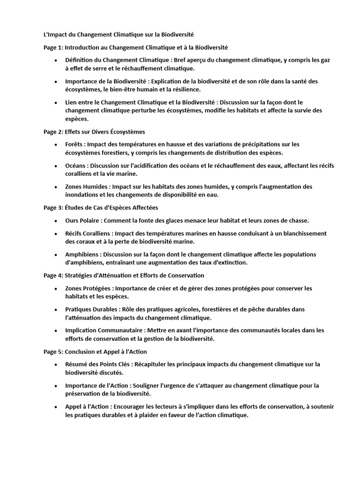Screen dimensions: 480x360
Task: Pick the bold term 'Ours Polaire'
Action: click(83, 220)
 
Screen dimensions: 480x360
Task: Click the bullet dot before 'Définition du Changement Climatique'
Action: click(56, 60)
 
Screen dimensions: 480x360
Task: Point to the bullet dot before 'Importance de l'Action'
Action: click(56, 385)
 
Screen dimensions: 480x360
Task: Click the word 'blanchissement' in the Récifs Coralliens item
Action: click(304, 233)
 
